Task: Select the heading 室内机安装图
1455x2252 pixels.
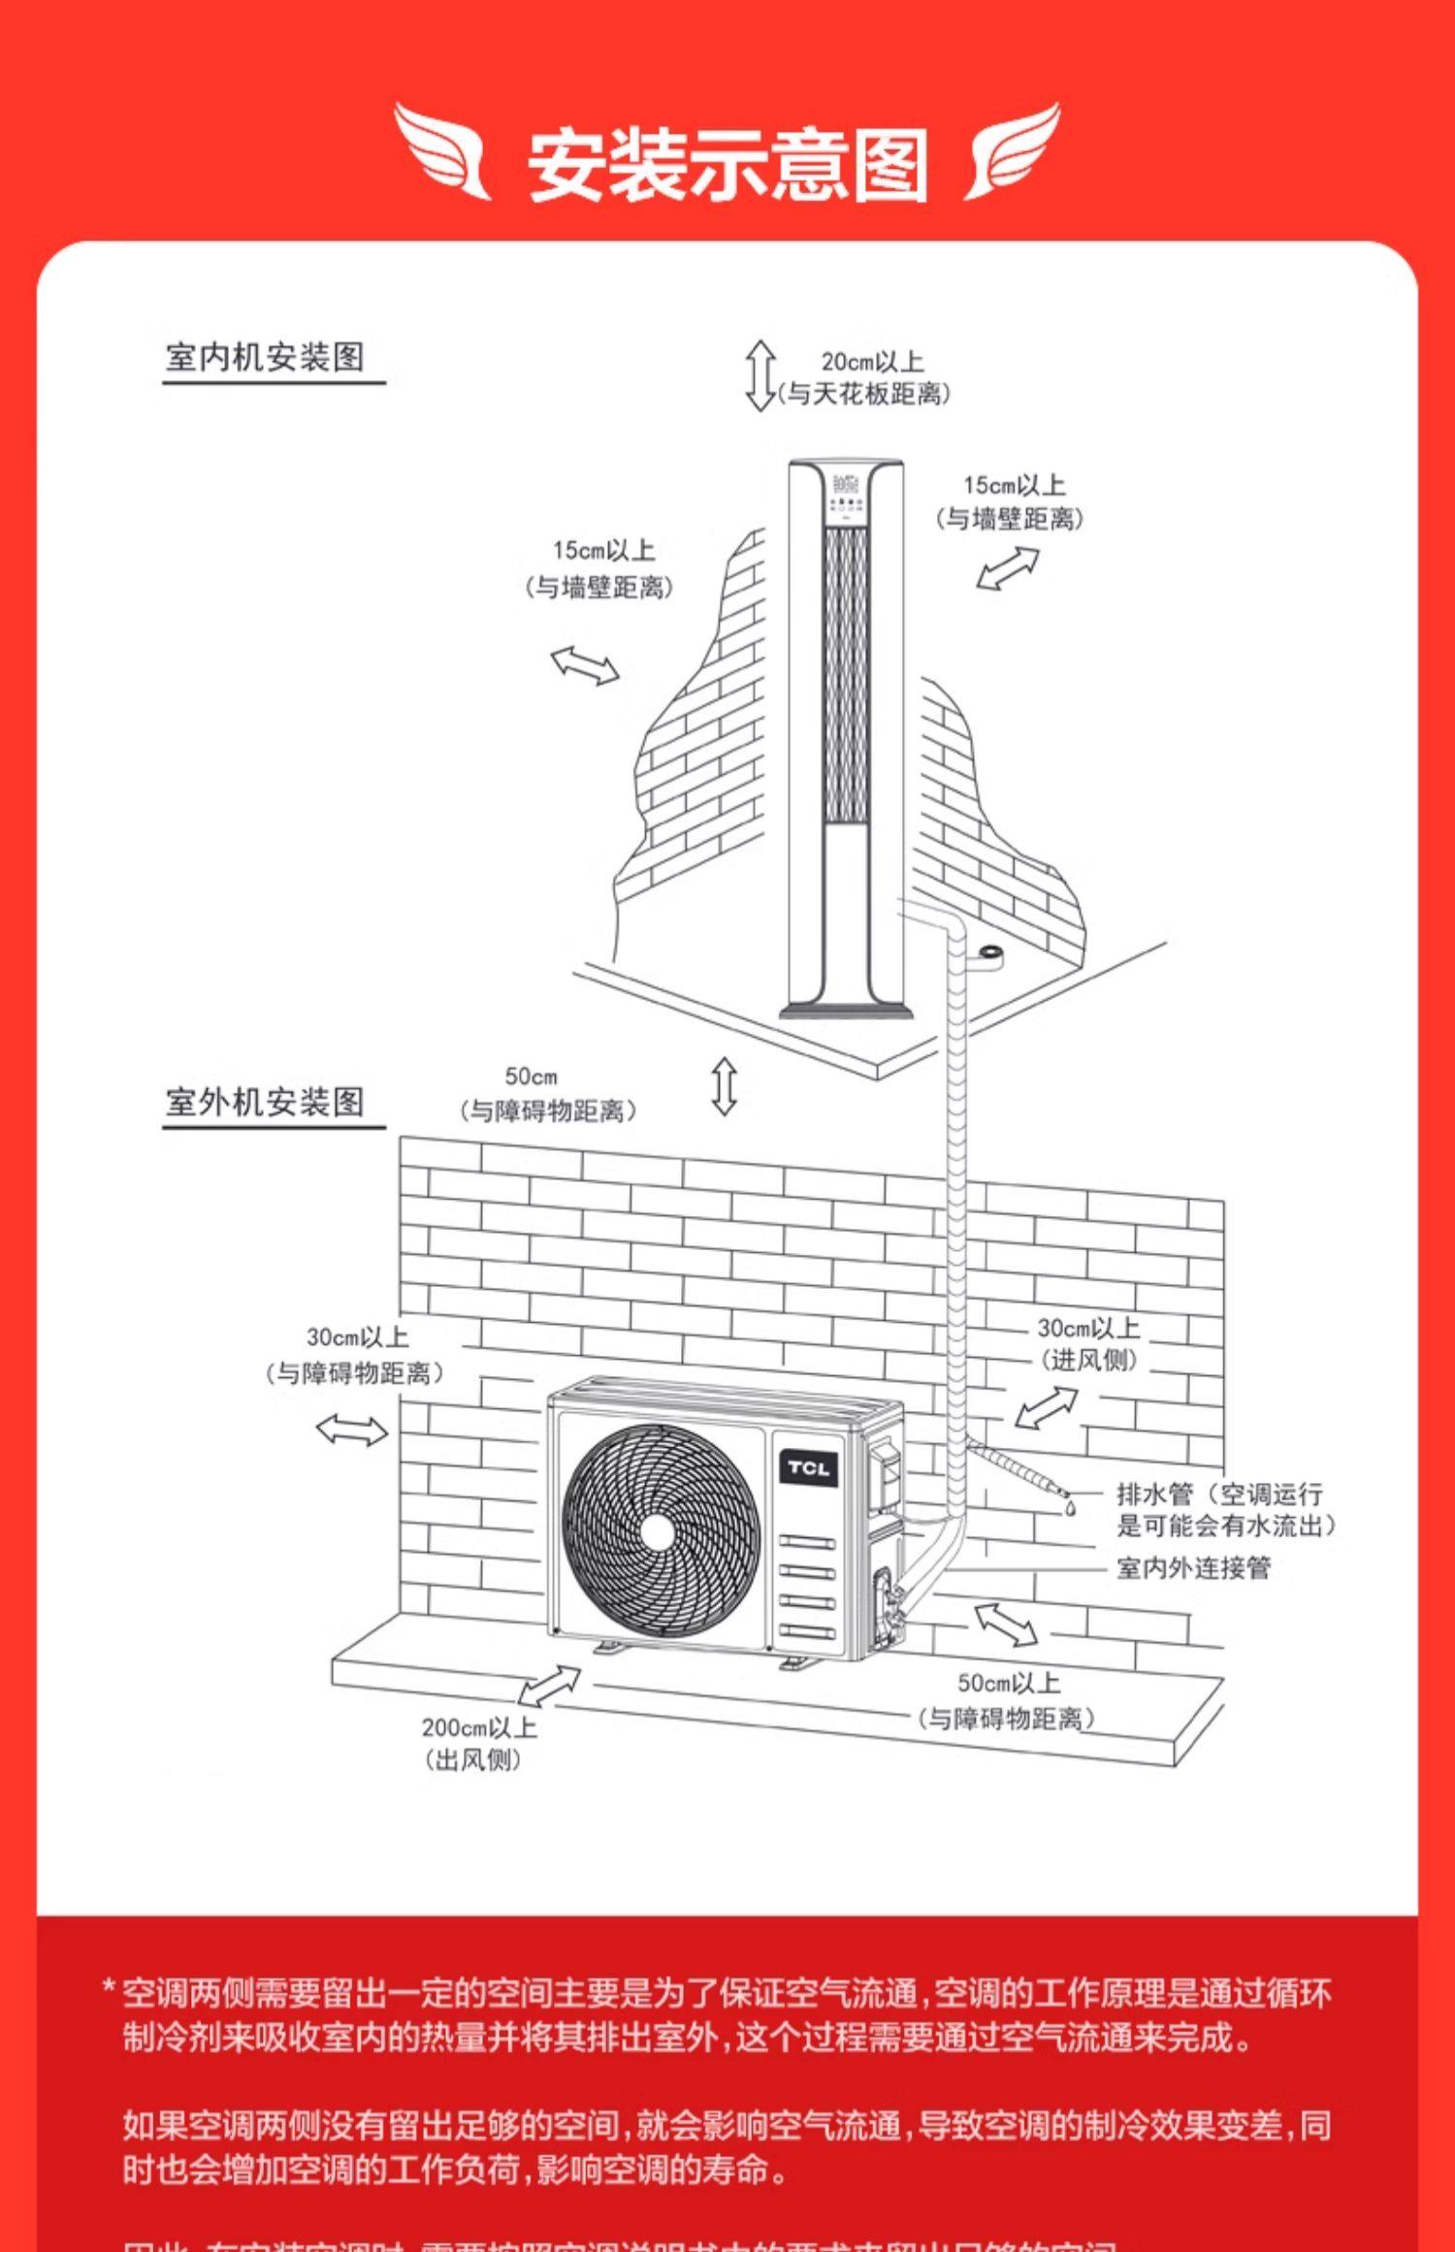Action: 265,357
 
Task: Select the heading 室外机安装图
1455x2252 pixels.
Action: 265,1102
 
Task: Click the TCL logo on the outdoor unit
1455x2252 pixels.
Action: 808,1467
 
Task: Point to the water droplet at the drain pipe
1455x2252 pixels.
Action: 1071,1509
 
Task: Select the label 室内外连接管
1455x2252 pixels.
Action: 1193,1567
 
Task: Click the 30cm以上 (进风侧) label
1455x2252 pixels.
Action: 1088,1343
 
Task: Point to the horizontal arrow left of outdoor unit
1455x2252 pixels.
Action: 351,1430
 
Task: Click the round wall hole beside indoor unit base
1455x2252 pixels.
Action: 990,954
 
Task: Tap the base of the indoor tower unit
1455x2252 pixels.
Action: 847,1011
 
